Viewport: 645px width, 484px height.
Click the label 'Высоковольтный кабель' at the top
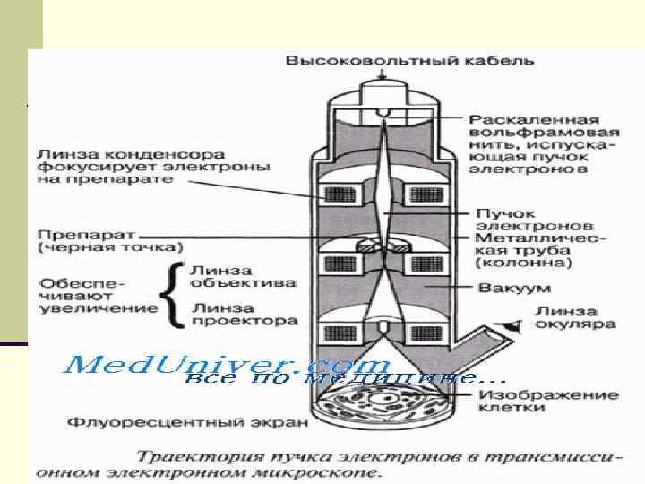pos(409,61)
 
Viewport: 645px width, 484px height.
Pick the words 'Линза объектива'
pos(243,276)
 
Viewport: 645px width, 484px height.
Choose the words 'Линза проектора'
pos(243,312)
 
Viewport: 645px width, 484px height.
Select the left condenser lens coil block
pos(341,194)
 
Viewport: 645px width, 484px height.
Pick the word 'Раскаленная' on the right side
pos(522,118)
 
